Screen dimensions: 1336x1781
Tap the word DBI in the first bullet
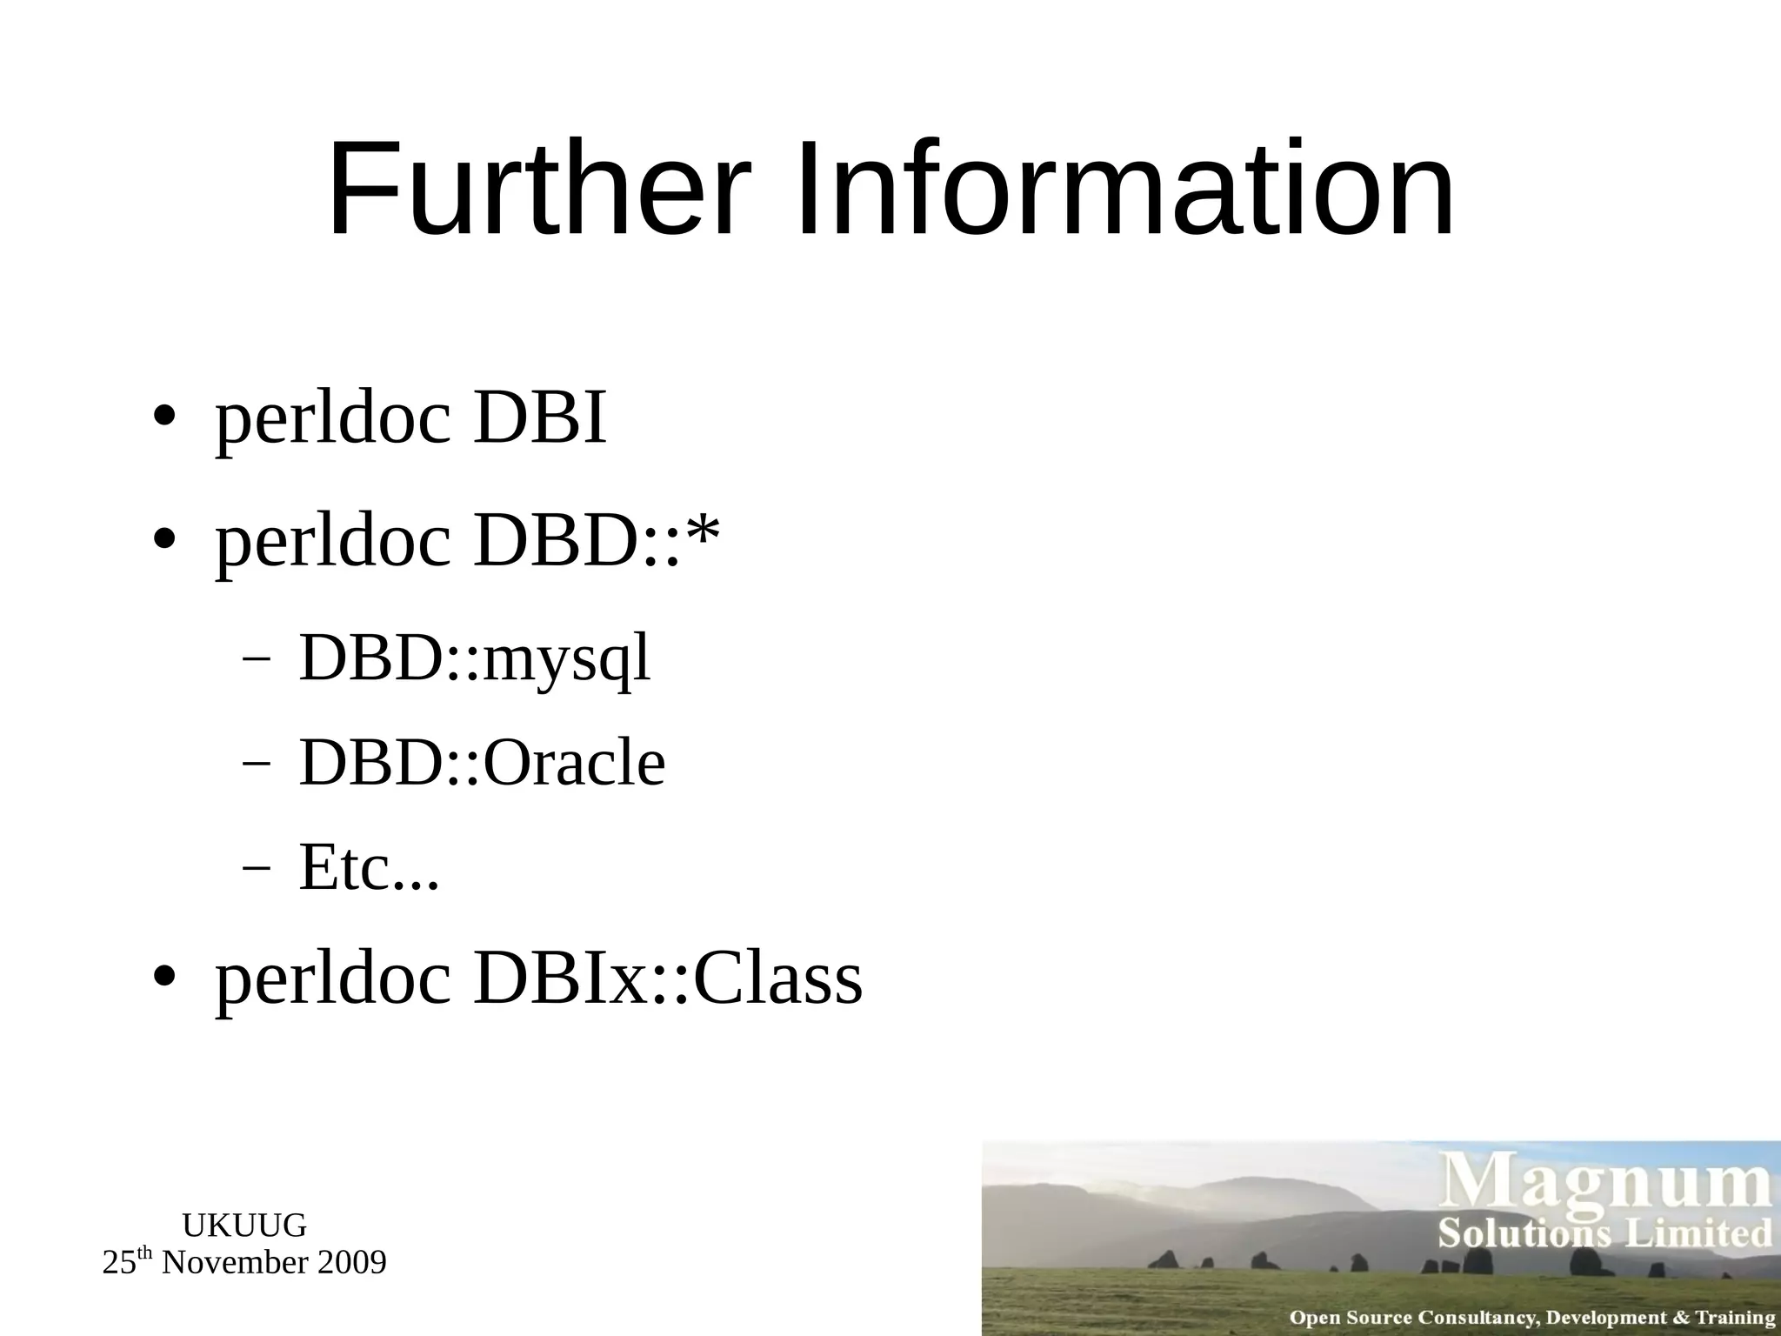click(x=539, y=418)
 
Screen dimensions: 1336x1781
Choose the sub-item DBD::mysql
click(x=474, y=658)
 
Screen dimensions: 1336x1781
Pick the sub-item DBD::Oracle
click(x=482, y=763)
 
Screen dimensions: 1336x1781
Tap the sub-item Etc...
click(x=369, y=867)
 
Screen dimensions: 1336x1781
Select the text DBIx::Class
click(x=667, y=979)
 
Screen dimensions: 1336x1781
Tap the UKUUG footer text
click(x=244, y=1226)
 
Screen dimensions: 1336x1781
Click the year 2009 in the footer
click(x=351, y=1262)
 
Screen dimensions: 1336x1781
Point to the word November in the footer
click(x=234, y=1262)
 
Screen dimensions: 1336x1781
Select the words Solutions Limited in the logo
click(x=1604, y=1233)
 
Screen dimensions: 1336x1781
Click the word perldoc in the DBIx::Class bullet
click(x=333, y=979)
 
